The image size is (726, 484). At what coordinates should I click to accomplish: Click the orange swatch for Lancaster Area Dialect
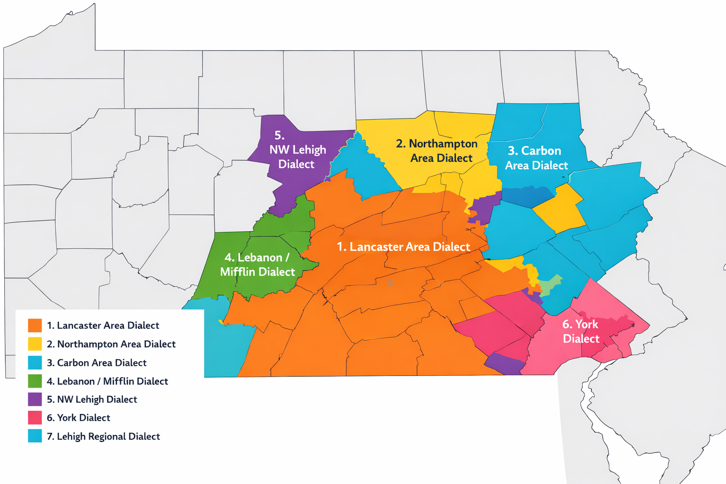tap(35, 326)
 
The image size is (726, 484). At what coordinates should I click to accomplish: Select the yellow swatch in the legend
tap(35, 344)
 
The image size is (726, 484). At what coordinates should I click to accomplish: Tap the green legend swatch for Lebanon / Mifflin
tap(35, 381)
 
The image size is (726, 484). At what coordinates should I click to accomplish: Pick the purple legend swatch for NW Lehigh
tap(35, 399)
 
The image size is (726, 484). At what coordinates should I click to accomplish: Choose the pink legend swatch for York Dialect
tap(35, 418)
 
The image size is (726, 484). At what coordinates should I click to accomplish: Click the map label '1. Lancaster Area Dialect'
tap(403, 247)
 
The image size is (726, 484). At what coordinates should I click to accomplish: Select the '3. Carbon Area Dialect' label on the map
tap(536, 158)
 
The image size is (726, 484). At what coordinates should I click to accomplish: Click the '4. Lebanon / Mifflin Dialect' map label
tap(257, 265)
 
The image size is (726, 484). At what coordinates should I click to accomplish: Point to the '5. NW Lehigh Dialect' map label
tap(297, 150)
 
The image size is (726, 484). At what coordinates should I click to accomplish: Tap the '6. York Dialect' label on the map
tap(580, 331)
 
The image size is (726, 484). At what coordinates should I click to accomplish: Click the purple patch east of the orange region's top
tap(484, 209)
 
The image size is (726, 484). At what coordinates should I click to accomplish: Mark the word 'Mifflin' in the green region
tap(238, 272)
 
